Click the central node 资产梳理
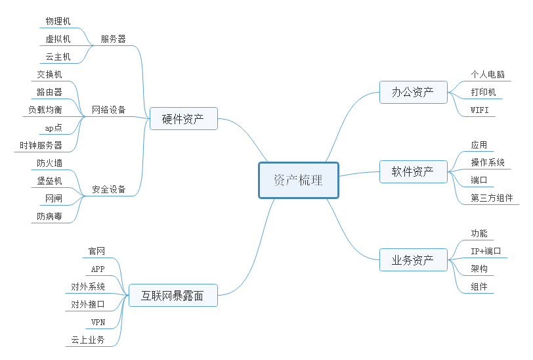(x=299, y=180)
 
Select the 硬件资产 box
(x=183, y=119)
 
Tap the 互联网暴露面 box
(x=173, y=296)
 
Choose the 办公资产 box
(x=413, y=92)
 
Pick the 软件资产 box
(x=413, y=172)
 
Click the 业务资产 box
(x=413, y=260)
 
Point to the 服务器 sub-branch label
(x=113, y=39)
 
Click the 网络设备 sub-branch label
(x=109, y=110)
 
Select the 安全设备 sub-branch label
(x=109, y=189)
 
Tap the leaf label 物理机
(x=58, y=21)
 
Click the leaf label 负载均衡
(x=45, y=110)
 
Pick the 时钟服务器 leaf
(x=41, y=145)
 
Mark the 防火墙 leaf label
(x=50, y=163)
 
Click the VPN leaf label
(x=98, y=322)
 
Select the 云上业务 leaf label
(x=88, y=340)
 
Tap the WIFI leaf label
(x=480, y=110)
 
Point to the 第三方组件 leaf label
(x=492, y=198)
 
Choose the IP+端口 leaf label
(x=486, y=251)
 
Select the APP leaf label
(x=98, y=269)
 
